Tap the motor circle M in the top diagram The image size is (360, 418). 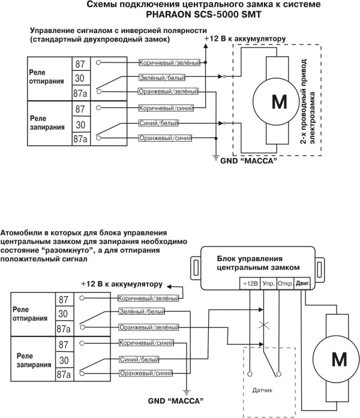tap(280, 103)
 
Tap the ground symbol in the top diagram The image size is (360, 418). tap(215, 158)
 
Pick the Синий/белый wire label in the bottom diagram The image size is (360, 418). tap(139, 359)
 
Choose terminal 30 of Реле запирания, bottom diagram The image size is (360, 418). tap(63, 359)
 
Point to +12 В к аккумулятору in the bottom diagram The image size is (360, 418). tap(122, 283)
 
